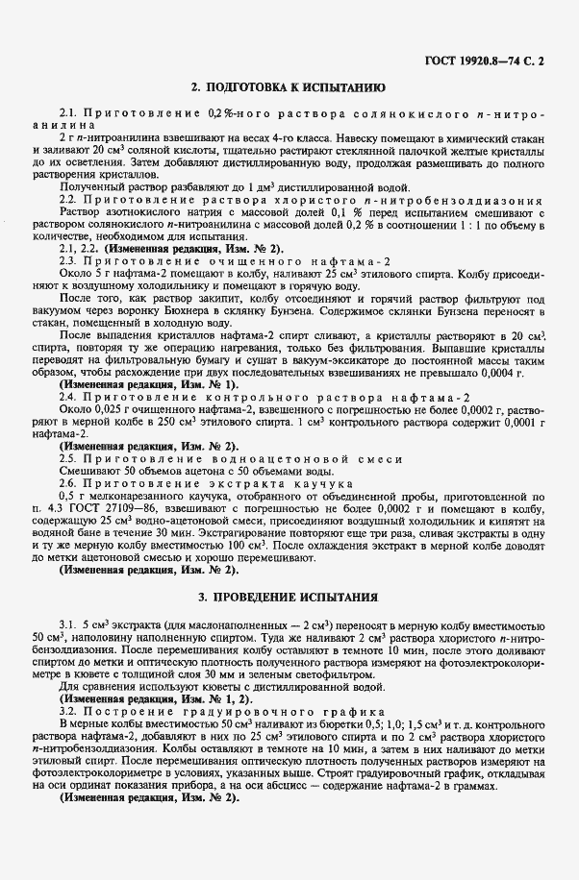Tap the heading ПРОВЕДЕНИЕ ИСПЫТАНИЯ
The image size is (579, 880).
point(289,597)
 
